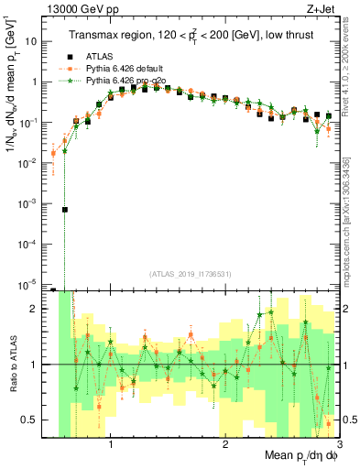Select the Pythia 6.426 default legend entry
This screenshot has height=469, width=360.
tap(119, 69)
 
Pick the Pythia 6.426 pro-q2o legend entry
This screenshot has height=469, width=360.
tap(120, 81)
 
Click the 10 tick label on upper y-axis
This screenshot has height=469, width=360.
tap(31, 41)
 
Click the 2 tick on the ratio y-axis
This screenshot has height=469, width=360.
tap(35, 309)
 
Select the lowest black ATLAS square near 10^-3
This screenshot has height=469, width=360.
tap(65, 210)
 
